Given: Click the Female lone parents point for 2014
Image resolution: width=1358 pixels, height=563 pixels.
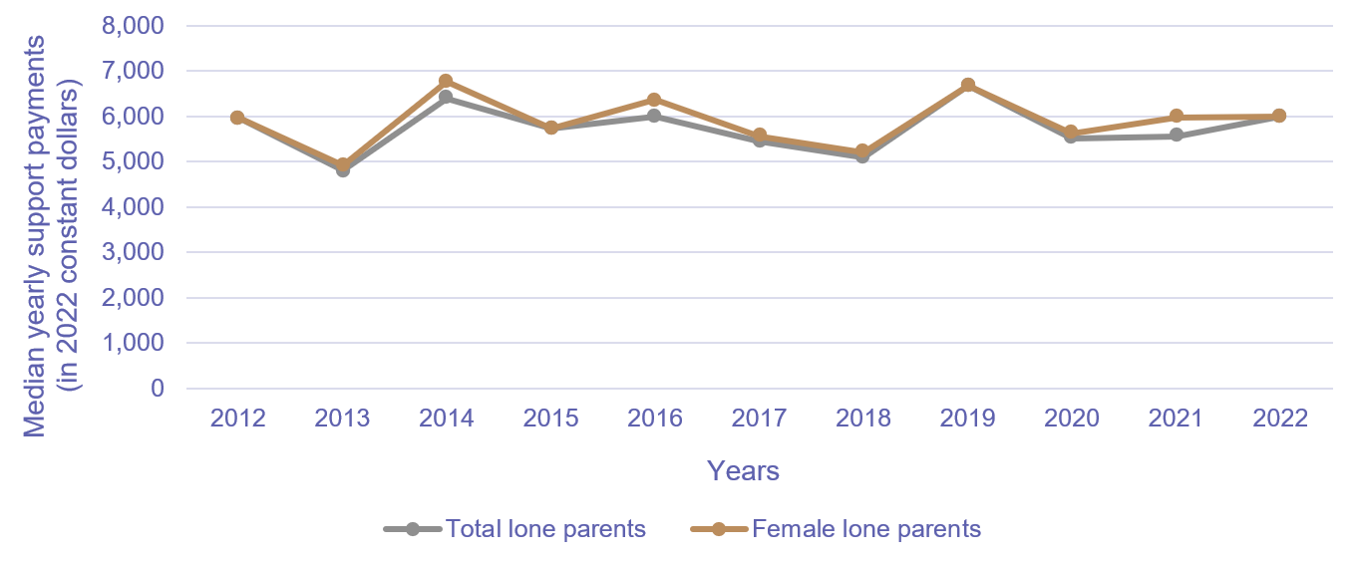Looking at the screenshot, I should [446, 81].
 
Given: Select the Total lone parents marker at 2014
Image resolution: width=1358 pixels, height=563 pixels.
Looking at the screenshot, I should [446, 98].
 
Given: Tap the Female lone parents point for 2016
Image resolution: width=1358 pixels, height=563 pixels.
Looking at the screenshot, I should [654, 100].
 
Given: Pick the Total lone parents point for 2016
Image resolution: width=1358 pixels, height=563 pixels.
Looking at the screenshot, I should [654, 117].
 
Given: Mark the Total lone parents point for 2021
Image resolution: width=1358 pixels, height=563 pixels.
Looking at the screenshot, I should [1177, 136].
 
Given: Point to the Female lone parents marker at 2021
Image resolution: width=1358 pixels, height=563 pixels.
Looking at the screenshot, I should [1177, 117].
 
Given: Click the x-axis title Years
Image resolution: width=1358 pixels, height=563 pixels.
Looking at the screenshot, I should [743, 470].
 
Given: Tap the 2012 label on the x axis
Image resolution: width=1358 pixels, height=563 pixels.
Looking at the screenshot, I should [237, 419].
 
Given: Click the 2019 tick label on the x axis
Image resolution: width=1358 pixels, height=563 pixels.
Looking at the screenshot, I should [967, 419].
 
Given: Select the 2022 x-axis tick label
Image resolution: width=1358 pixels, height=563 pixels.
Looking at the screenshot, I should [1280, 419].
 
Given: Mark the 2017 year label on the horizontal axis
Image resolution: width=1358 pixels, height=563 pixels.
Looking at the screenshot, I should [759, 419].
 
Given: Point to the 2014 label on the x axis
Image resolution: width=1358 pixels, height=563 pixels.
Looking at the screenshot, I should [446, 419].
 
